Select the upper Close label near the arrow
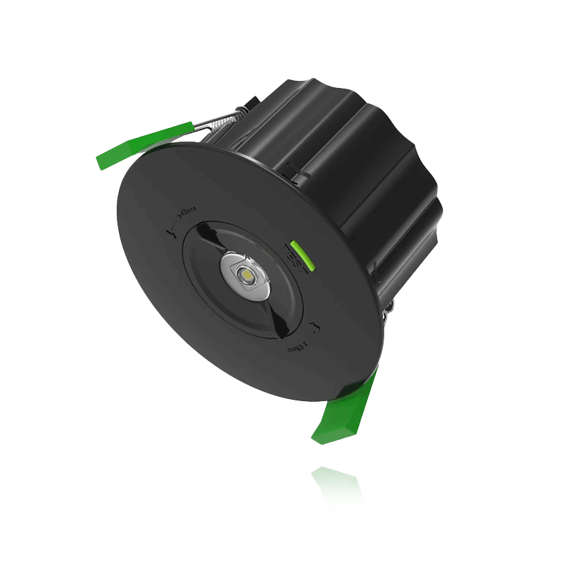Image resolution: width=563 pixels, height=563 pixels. (188, 209)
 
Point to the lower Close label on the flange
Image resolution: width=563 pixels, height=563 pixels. (295, 348)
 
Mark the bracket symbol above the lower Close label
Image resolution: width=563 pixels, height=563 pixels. (314, 324)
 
